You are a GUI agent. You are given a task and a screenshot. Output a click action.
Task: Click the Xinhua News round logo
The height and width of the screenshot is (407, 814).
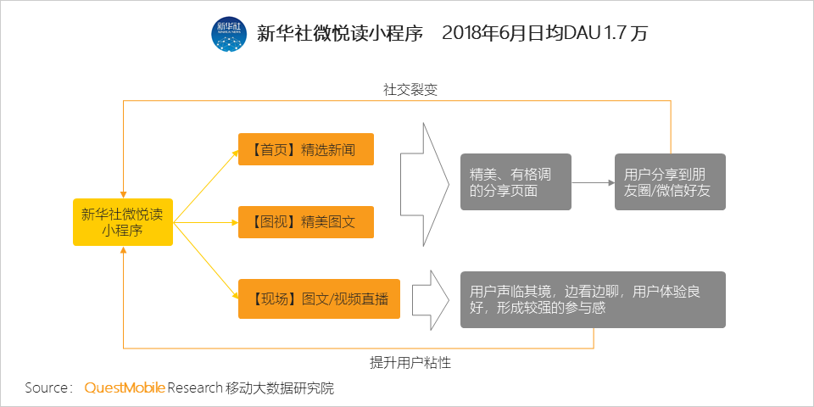[230, 34]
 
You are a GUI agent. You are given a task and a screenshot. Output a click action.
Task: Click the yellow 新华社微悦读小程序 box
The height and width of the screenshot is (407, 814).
[122, 221]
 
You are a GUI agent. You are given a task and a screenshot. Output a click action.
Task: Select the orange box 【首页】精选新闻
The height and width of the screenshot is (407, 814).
[306, 149]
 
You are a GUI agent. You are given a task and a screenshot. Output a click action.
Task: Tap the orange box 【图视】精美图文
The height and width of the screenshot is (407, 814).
[306, 222]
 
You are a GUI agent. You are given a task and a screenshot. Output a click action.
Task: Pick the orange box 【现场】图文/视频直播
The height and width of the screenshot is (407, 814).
[320, 299]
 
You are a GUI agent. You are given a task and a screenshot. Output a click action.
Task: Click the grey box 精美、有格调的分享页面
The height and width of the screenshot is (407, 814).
[516, 181]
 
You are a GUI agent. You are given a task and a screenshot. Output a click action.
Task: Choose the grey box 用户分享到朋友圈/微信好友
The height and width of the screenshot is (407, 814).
[670, 181]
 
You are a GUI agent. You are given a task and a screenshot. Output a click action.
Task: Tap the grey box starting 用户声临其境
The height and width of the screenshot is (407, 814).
[593, 299]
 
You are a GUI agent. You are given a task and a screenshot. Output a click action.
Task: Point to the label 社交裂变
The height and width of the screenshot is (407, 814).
[410, 90]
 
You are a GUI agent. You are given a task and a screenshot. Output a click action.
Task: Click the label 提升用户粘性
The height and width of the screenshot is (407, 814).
[410, 362]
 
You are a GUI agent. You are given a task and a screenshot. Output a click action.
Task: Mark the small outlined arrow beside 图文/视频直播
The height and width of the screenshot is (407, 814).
[432, 299]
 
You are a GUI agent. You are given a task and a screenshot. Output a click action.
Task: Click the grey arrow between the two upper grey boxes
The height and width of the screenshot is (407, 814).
[593, 182]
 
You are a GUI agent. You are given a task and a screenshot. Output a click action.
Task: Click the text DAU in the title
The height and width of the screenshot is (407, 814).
[580, 34]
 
